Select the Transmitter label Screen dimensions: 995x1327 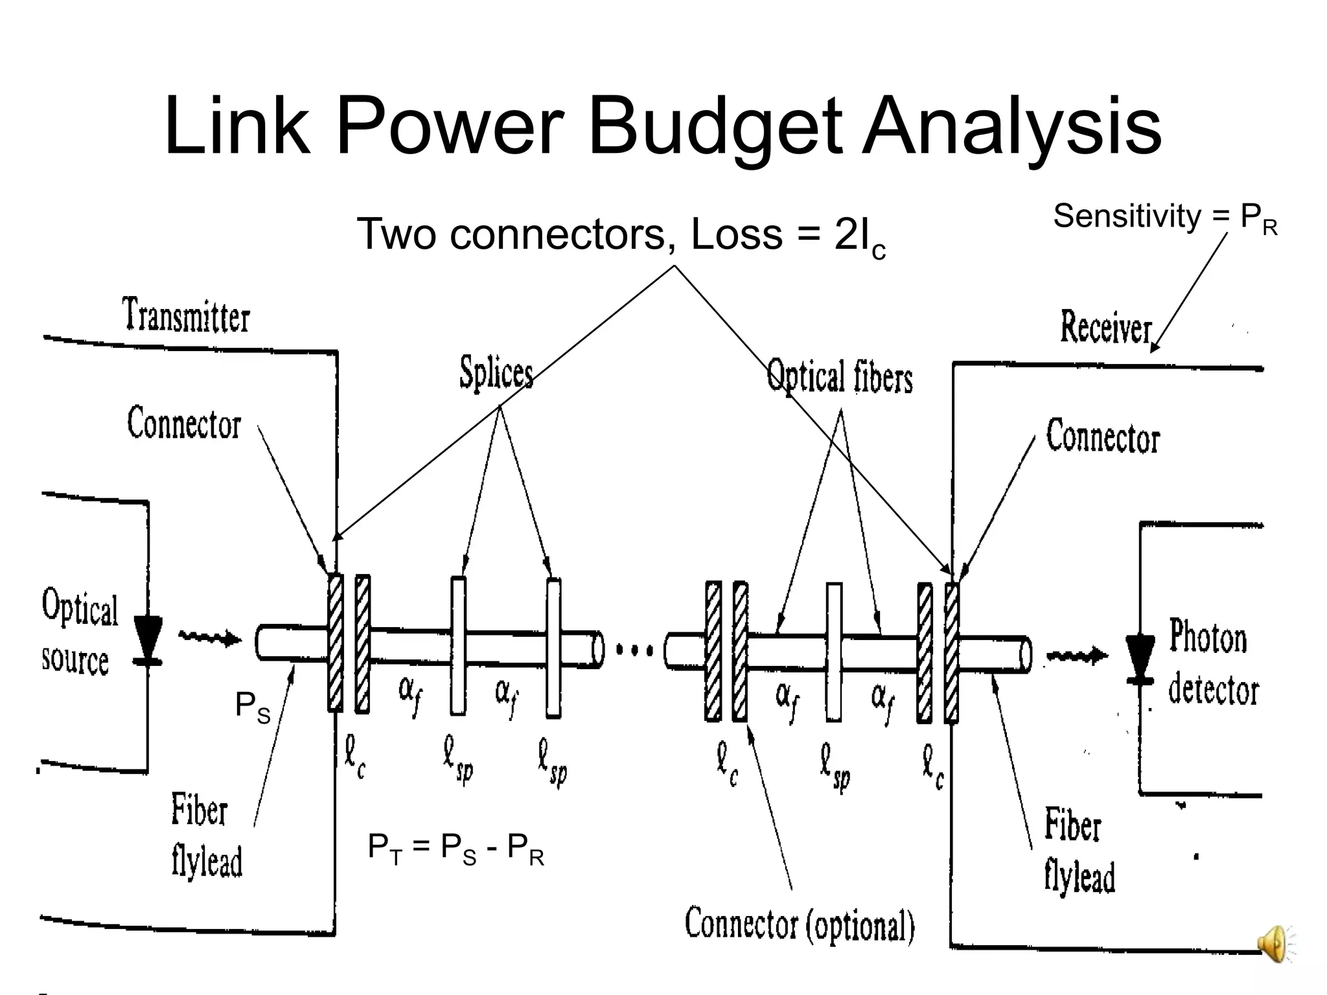tap(186, 315)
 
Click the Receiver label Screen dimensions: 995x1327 tap(1106, 327)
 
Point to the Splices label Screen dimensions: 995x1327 tap(496, 372)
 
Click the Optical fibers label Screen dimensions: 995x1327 tap(840, 376)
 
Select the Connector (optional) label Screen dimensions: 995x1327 tap(800, 924)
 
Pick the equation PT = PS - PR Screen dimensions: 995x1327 tap(456, 849)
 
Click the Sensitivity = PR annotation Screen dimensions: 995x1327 tap(1164, 217)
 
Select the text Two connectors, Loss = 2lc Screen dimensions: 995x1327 tap(620, 235)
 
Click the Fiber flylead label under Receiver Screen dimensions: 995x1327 tap(1079, 851)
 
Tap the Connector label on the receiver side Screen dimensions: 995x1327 tap(1102, 437)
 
